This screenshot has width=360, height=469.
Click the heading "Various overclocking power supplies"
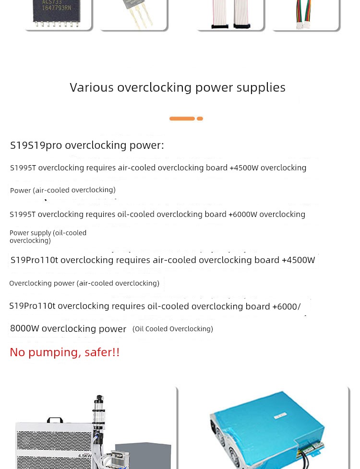click(178, 87)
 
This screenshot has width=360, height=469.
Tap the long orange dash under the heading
click(182, 119)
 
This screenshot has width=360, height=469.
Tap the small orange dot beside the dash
click(200, 119)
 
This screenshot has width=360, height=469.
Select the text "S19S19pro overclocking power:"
click(87, 145)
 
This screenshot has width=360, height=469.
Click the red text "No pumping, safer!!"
click(65, 352)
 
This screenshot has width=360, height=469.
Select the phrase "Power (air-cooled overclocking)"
click(63, 191)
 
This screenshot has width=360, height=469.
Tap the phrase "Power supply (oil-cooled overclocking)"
click(48, 236)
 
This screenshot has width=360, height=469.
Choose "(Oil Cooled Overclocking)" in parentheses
click(173, 329)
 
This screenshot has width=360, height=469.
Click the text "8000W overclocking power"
click(68, 329)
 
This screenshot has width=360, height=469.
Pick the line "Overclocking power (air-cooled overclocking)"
click(84, 283)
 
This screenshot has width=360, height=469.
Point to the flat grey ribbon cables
click(230, 14)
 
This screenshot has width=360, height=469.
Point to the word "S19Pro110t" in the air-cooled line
click(35, 260)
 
